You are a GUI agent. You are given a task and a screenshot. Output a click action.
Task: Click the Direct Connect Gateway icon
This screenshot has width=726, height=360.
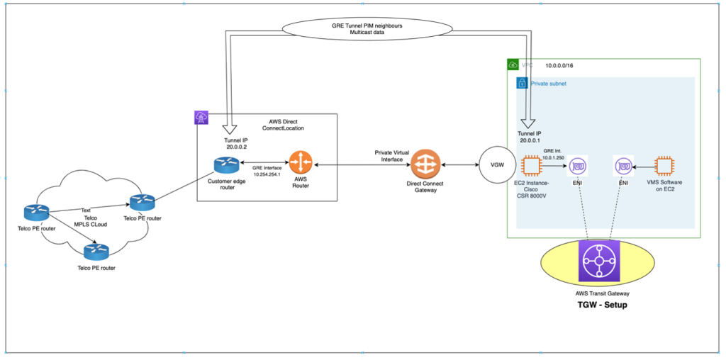(425, 164)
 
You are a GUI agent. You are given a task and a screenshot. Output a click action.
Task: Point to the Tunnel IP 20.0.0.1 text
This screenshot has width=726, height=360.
(530, 136)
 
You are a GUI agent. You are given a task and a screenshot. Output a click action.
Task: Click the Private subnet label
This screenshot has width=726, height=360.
(548, 84)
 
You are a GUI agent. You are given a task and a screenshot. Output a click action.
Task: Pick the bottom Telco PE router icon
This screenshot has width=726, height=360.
(96, 251)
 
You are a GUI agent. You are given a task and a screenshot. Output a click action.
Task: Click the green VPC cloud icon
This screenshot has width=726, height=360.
(513, 64)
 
